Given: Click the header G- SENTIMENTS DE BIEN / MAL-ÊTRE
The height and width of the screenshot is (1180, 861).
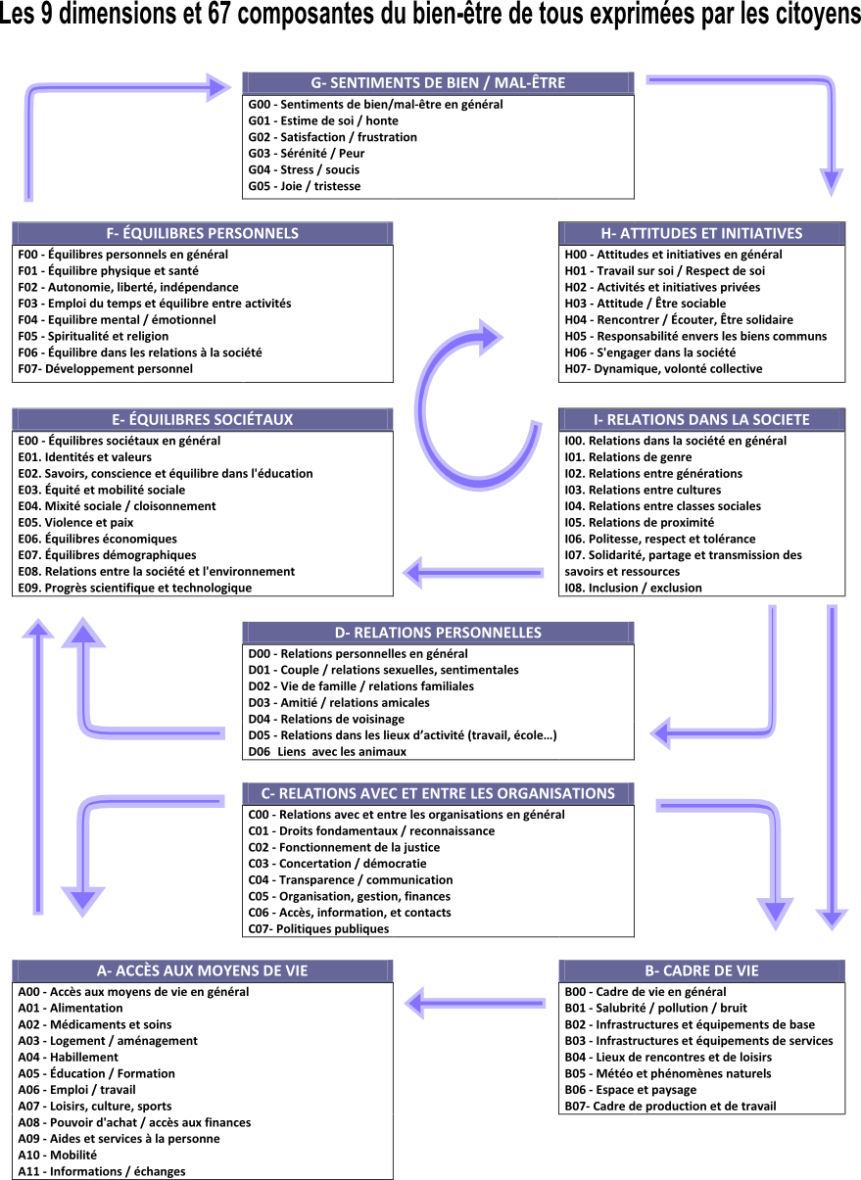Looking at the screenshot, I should click(x=438, y=83).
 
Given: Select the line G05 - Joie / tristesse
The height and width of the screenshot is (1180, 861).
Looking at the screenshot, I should click(x=305, y=186).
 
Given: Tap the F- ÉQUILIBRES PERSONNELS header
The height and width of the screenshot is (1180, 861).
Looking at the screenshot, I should click(x=203, y=233).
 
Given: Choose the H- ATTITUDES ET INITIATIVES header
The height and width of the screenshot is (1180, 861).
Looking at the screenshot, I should click(x=701, y=233).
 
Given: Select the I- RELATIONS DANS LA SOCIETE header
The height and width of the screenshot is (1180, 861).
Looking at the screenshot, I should click(x=701, y=419).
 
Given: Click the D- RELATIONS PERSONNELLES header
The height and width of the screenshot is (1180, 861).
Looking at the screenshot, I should click(x=438, y=633).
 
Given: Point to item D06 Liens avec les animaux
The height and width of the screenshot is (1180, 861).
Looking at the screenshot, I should click(x=327, y=751).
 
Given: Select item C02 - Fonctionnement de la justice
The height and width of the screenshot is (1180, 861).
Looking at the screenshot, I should click(x=344, y=847).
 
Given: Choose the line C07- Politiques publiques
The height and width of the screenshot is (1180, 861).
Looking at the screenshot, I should click(x=318, y=928).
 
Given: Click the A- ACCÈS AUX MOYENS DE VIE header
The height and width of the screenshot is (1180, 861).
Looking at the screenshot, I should click(x=203, y=970).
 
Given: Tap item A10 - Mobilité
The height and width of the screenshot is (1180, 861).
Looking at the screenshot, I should click(x=58, y=1155).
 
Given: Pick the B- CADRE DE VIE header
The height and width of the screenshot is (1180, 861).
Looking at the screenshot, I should click(x=701, y=970).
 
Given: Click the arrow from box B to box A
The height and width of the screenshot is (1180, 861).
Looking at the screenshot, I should click(x=475, y=1003).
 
